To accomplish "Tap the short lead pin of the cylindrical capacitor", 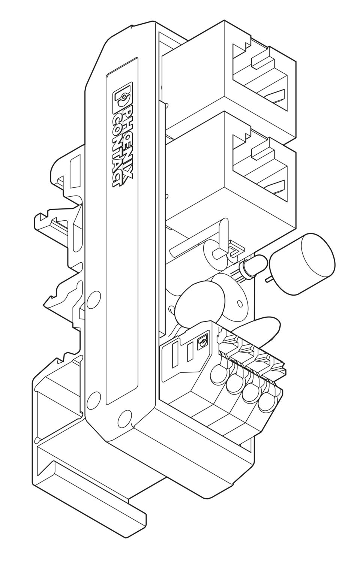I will pos(268,280).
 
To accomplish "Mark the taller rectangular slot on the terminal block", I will pos(175,352).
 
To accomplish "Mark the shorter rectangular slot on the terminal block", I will pos(190,351).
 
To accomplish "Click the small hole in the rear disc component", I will pos(238,303).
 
